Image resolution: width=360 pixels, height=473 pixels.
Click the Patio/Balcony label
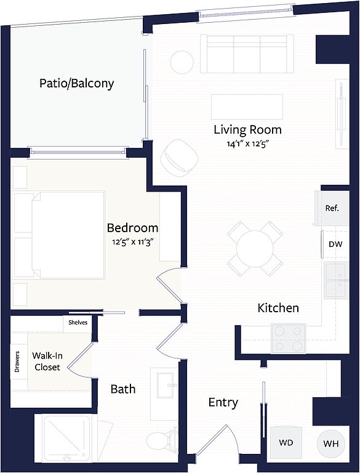76,84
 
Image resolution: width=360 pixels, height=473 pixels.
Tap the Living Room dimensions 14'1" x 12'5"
247,144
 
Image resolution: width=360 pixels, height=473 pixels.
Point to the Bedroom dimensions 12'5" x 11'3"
133,242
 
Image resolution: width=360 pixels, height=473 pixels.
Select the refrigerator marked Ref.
332,208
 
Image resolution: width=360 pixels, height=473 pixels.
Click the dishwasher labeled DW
335,245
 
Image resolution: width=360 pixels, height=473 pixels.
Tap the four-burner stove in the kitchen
289,338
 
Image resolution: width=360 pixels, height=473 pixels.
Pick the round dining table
255,249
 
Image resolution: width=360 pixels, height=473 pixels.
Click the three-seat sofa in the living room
247,54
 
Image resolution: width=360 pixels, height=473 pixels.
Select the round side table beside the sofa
182,62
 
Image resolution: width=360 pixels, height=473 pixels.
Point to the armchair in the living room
179,158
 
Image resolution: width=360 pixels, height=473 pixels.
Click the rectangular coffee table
247,107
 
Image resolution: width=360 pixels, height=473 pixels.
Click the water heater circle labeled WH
331,443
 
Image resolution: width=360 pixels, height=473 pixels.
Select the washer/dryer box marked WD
286,443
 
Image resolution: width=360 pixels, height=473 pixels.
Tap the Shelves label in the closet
78,323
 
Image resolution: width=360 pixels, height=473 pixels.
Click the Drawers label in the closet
17,362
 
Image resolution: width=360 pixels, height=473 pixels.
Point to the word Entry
223,402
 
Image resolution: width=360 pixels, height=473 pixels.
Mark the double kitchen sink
337,281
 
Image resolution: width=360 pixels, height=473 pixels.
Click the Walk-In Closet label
47,362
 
